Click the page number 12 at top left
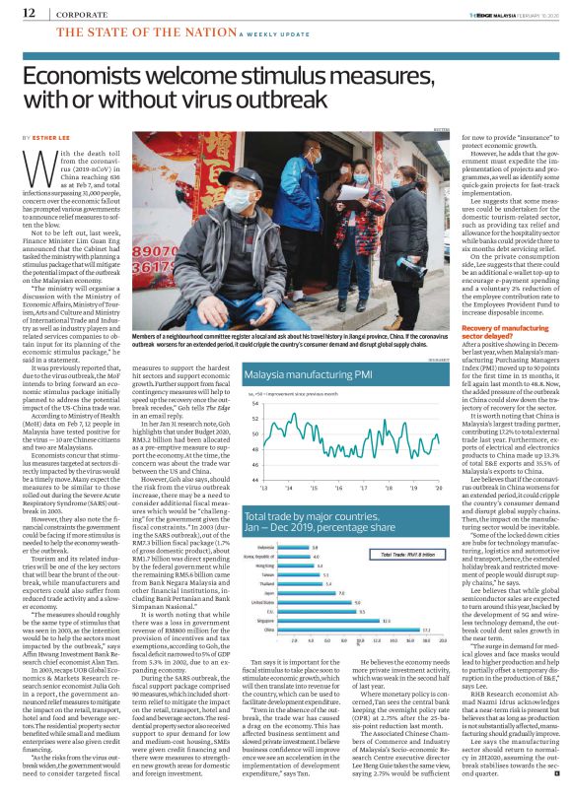(30, 13)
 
